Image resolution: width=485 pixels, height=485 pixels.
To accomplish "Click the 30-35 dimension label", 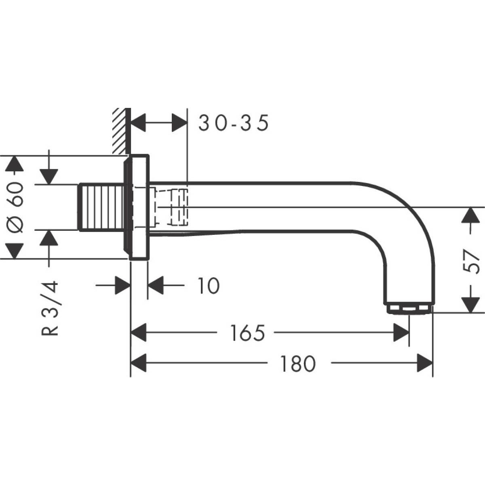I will (x=234, y=123).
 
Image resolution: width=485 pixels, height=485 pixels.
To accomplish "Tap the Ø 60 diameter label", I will (x=16, y=207).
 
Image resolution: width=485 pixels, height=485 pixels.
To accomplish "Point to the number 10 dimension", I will (x=209, y=286).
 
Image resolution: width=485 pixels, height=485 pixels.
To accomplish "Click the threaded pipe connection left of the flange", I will (x=101, y=207).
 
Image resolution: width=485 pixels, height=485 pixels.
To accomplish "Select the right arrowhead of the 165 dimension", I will (x=401, y=333).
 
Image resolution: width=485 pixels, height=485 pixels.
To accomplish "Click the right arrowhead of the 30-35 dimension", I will (x=179, y=122).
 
